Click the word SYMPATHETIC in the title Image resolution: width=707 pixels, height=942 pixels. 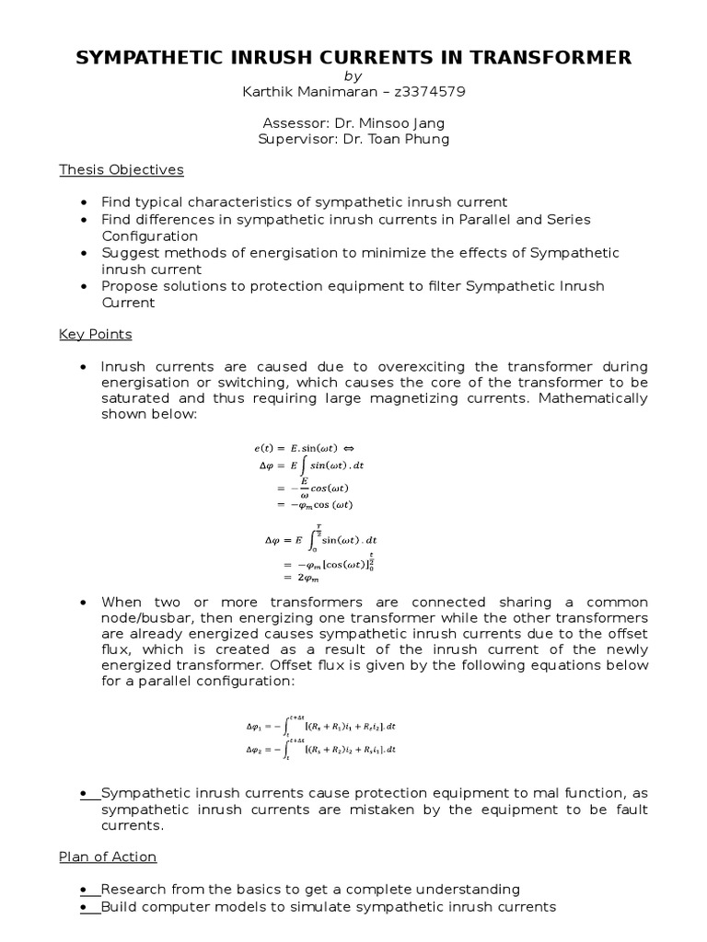153,58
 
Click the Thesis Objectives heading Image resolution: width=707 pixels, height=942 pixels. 122,169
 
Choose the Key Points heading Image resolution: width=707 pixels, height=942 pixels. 96,333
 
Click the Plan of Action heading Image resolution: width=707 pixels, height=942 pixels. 108,856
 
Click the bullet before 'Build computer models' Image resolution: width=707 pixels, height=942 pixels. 85,906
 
